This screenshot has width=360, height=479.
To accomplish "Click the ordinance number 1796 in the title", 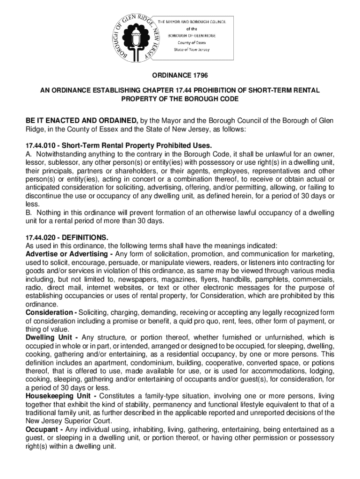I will click(x=198, y=75).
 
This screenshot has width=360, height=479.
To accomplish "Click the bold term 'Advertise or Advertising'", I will click(x=65, y=254).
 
